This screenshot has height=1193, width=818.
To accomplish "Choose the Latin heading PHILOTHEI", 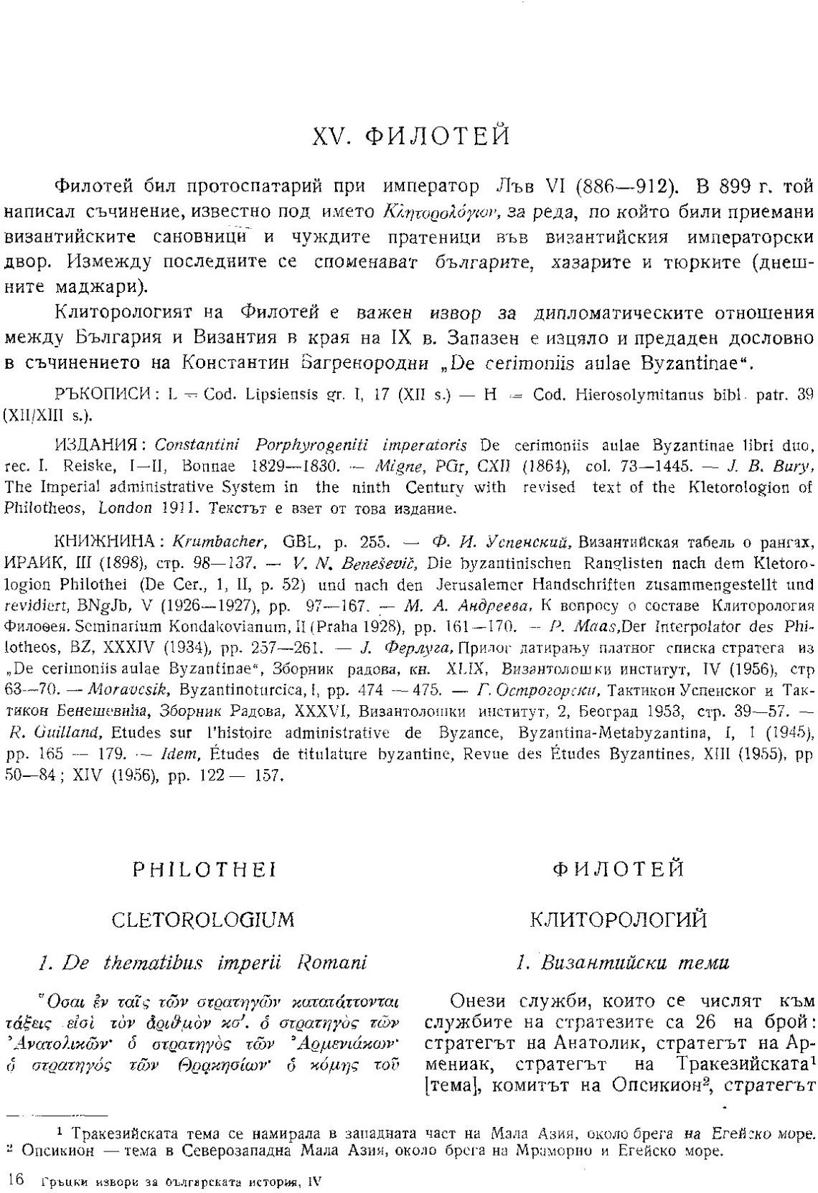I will pyautogui.click(x=205, y=870).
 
